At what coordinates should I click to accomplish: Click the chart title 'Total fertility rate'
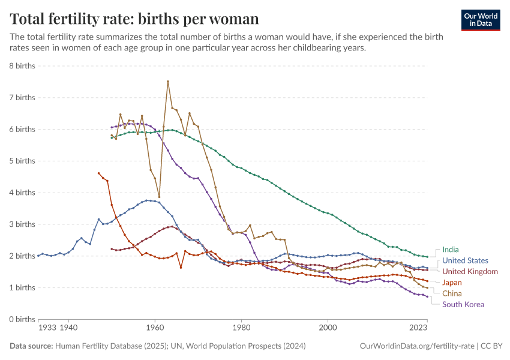[x=134, y=19]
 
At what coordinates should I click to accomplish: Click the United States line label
[x=465, y=260]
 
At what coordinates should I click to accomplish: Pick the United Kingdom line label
[x=470, y=271]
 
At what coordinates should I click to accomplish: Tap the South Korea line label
[x=463, y=304]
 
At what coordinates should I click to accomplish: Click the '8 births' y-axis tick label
[x=22, y=65]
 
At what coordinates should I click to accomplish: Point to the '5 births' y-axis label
[x=22, y=161]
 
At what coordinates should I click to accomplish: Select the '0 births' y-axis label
[x=22, y=319]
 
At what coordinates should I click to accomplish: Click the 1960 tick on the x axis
[x=155, y=329]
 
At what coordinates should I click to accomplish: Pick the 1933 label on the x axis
[x=47, y=329]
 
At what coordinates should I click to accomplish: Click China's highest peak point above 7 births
[x=168, y=81]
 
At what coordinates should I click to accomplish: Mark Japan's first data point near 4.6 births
[x=99, y=173]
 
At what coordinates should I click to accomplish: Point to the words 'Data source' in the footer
[x=31, y=346]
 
